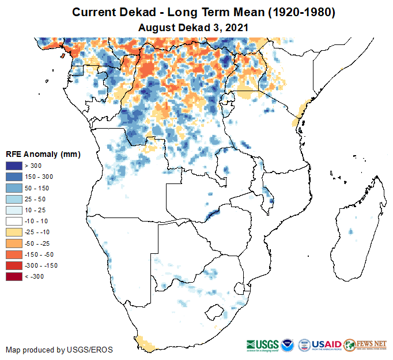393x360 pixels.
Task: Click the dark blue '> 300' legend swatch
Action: pos(14,166)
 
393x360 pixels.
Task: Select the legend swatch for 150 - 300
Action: pos(14,177)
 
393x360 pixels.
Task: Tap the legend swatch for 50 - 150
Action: pos(14,188)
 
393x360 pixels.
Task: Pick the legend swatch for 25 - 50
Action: pos(14,199)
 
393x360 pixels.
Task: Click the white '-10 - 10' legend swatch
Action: pos(14,222)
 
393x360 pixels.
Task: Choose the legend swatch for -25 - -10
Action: pos(14,232)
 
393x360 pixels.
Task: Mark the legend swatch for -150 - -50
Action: pos(14,254)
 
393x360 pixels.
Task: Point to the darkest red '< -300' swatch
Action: pos(14,277)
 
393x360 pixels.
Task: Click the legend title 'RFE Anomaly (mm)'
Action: pos(43,154)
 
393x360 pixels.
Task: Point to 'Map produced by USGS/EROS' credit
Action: pos(59,350)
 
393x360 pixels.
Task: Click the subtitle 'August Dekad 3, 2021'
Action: pos(196,27)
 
